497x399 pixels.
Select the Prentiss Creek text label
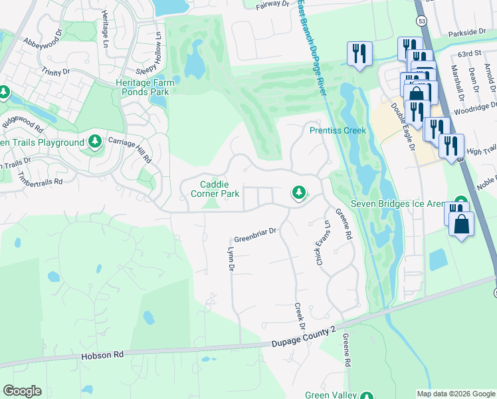point(338,130)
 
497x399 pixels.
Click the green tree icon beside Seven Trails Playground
point(95,142)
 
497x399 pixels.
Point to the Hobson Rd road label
point(102,355)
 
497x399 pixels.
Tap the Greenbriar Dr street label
point(254,239)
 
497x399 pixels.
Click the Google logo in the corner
point(22,391)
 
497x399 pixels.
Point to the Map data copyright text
point(455,394)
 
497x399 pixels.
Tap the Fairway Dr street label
point(272,6)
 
